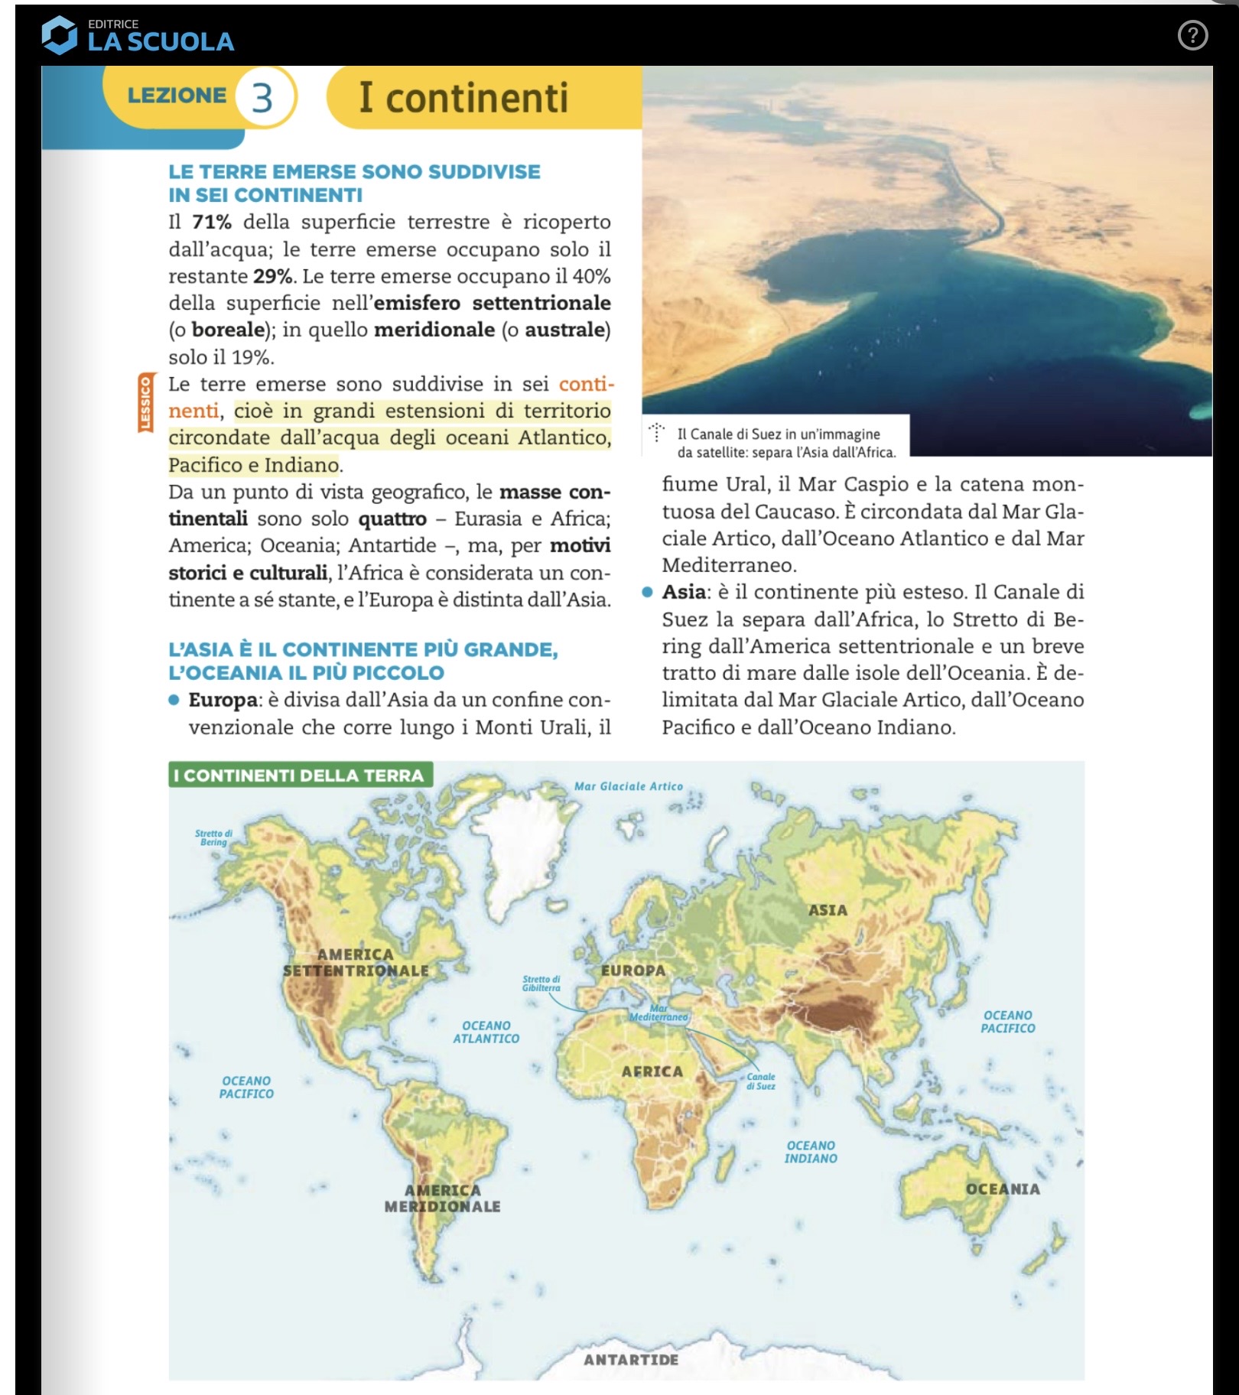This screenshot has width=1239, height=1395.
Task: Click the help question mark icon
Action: pos(1192,35)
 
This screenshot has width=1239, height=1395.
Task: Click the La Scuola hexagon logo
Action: pos(59,35)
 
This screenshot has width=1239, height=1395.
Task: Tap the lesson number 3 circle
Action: pos(262,97)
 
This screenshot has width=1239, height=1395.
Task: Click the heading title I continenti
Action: pos(463,98)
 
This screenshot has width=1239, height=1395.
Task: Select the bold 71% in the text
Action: pos(212,222)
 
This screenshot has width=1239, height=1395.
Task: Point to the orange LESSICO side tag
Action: pos(145,403)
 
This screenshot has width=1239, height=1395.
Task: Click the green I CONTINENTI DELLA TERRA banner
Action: pos(300,775)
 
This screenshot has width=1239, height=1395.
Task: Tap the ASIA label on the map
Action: pos(828,910)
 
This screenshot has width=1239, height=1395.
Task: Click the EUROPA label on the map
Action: pos(633,970)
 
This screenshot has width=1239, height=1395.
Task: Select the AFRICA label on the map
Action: pos(652,1071)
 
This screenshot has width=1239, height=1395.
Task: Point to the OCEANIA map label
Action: pos(1003,1189)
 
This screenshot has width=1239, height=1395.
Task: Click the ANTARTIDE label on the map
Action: pos(631,1359)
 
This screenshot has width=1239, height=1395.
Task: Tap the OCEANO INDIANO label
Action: pos(811,1152)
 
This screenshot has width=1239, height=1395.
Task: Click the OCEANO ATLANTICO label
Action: pos(486,1032)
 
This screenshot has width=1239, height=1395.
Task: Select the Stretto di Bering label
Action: pos(213,837)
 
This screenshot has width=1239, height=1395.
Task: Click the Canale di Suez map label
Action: pos(761,1081)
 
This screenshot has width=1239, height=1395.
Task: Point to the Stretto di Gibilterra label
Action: pos(541,983)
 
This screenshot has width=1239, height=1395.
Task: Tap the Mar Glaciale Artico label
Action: pos(629,786)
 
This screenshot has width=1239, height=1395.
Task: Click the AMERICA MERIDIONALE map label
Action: pos(443,1198)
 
